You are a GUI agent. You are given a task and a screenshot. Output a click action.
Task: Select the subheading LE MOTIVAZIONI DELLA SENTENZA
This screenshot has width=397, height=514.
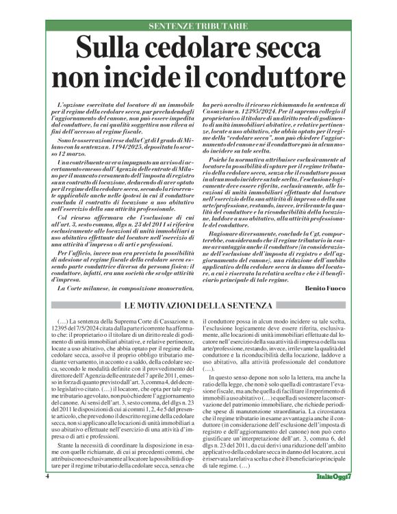(x=198, y=305)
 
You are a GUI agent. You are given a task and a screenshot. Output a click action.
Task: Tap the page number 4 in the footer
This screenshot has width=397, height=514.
(x=48, y=493)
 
